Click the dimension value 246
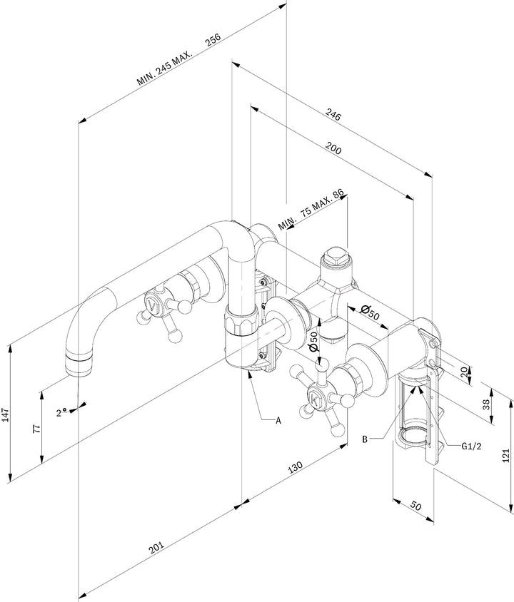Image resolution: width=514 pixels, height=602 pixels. pyautogui.click(x=333, y=114)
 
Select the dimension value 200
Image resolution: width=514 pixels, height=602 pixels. pyautogui.click(x=333, y=148)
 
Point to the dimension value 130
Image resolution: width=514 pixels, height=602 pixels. pyautogui.click(x=295, y=466)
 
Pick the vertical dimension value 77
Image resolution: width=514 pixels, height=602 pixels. pyautogui.click(x=36, y=429)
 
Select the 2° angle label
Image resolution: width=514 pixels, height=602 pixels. pyautogui.click(x=61, y=413)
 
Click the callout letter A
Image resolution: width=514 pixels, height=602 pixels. pyautogui.click(x=278, y=420)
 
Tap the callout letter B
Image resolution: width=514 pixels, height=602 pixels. pyautogui.click(x=365, y=439)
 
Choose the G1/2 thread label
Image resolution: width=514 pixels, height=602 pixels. pyautogui.click(x=471, y=446)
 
